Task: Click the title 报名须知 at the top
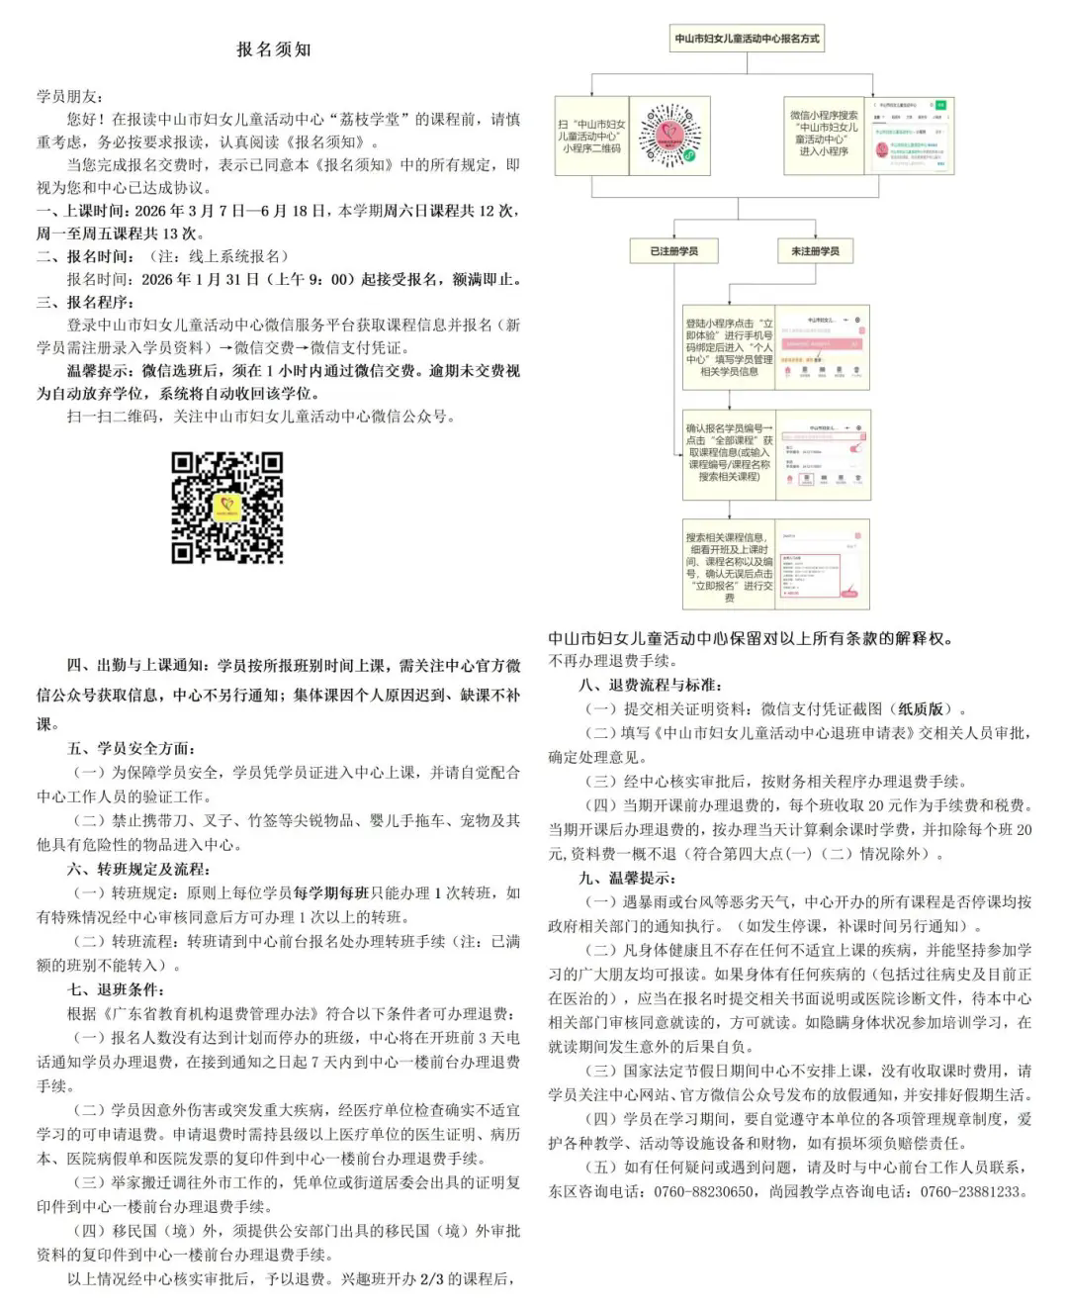(x=274, y=49)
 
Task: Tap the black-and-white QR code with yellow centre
(x=227, y=508)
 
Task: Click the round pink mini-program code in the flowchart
(x=668, y=136)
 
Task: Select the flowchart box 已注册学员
(x=673, y=251)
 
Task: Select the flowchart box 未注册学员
(x=815, y=251)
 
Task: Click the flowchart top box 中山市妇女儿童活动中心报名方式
(x=747, y=40)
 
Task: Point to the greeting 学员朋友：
(x=69, y=96)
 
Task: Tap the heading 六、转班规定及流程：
(x=138, y=869)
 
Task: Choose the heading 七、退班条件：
(x=116, y=989)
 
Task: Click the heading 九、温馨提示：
(x=627, y=878)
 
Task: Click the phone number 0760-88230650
(x=704, y=1191)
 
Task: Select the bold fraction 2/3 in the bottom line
(x=432, y=1279)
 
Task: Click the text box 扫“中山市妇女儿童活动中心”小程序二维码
(x=591, y=137)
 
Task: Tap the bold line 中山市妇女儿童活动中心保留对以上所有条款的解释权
(x=752, y=638)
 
